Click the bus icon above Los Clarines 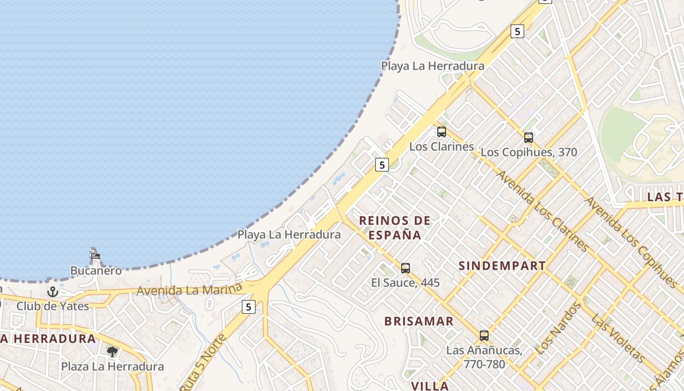tap(442, 132)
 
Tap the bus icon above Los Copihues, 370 tap(528, 138)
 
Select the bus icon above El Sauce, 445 tap(406, 268)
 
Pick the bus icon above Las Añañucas tap(484, 336)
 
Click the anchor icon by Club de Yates tap(52, 292)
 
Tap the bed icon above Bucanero tap(95, 256)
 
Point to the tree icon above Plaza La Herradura tap(112, 351)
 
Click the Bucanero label tap(96, 270)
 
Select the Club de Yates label tap(53, 306)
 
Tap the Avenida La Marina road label tap(189, 290)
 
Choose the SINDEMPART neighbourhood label tap(502, 266)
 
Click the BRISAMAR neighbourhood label tap(419, 321)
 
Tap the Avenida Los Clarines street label tap(542, 210)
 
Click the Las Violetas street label tap(617, 337)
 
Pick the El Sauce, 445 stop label tap(406, 282)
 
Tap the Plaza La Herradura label tap(112, 367)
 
